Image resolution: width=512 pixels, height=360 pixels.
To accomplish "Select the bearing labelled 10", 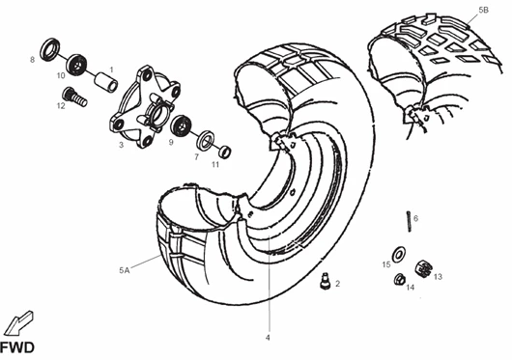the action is tap(77, 65).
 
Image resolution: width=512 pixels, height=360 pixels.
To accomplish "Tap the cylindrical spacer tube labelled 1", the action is tap(106, 82).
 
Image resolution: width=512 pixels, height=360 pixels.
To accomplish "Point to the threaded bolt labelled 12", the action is tap(74, 97).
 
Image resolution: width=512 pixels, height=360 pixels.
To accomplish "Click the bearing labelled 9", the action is tap(181, 125).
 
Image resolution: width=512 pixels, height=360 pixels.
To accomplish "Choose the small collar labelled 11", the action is tap(224, 152).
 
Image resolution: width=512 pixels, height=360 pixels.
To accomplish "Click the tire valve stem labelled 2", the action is tap(325, 281).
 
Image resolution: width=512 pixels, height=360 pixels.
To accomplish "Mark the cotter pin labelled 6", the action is tap(409, 222).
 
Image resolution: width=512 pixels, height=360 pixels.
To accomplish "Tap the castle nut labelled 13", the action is tap(423, 268).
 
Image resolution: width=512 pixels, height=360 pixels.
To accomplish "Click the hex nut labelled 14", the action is tap(400, 280).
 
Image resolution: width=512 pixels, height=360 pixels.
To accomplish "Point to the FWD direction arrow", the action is tap(18, 322).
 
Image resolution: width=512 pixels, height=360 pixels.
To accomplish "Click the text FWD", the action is tap(17, 347).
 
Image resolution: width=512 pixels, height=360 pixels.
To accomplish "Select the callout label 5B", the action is tap(484, 10).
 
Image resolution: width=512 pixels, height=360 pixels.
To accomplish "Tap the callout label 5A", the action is tap(124, 270).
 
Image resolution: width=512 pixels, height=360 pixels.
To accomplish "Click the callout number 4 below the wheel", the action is tap(268, 338).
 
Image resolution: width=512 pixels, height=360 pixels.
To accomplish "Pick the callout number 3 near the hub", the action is tap(121, 145).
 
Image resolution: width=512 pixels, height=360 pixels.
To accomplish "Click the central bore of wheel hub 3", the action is tap(159, 112).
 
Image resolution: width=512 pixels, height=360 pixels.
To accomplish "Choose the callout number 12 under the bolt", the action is tap(61, 106).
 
